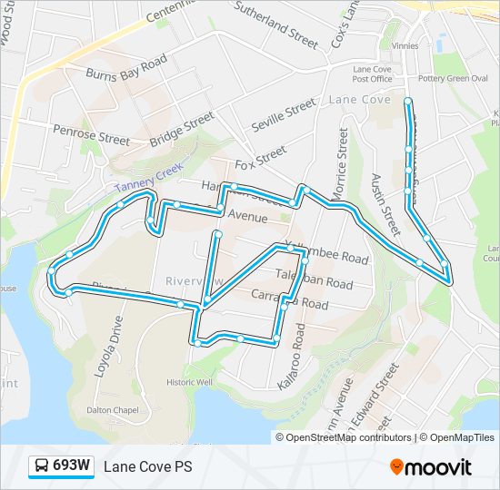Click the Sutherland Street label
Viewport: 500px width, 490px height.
click(x=276, y=24)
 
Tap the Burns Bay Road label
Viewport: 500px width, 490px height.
click(x=126, y=66)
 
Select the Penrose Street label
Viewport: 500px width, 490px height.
click(x=91, y=135)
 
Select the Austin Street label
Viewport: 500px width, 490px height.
click(x=385, y=203)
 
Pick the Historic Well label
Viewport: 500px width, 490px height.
click(x=189, y=382)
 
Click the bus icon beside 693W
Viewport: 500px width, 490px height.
click(x=41, y=466)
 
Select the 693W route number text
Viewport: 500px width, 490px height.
click(x=71, y=466)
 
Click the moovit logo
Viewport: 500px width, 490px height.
click(x=430, y=467)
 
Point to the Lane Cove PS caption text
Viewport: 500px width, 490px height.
click(x=147, y=467)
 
